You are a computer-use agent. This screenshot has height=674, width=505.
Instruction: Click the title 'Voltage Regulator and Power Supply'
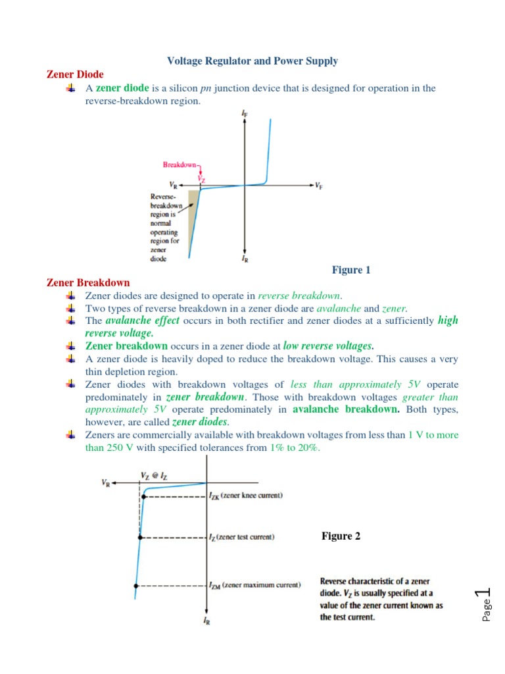[252, 61]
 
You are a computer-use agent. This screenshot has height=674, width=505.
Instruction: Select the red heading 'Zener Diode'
[75, 74]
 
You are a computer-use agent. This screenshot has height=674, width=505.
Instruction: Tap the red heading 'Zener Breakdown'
[88, 282]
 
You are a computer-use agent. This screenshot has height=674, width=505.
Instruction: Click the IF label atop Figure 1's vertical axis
[245, 115]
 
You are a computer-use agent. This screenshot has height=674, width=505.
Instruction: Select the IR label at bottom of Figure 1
[245, 259]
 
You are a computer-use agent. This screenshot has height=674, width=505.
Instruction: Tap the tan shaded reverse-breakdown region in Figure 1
[193, 217]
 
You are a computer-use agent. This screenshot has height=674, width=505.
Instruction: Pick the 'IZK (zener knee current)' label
[246, 496]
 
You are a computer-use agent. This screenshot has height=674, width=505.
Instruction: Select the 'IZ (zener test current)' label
[241, 537]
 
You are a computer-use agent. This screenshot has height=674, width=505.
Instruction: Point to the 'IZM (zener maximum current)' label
[254, 584]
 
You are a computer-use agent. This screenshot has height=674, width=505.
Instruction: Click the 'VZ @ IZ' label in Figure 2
[154, 475]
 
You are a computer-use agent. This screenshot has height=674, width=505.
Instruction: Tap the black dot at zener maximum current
[136, 584]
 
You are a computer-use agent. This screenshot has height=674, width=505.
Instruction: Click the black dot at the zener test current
[139, 537]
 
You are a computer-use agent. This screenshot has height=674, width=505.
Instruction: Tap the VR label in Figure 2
[106, 482]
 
